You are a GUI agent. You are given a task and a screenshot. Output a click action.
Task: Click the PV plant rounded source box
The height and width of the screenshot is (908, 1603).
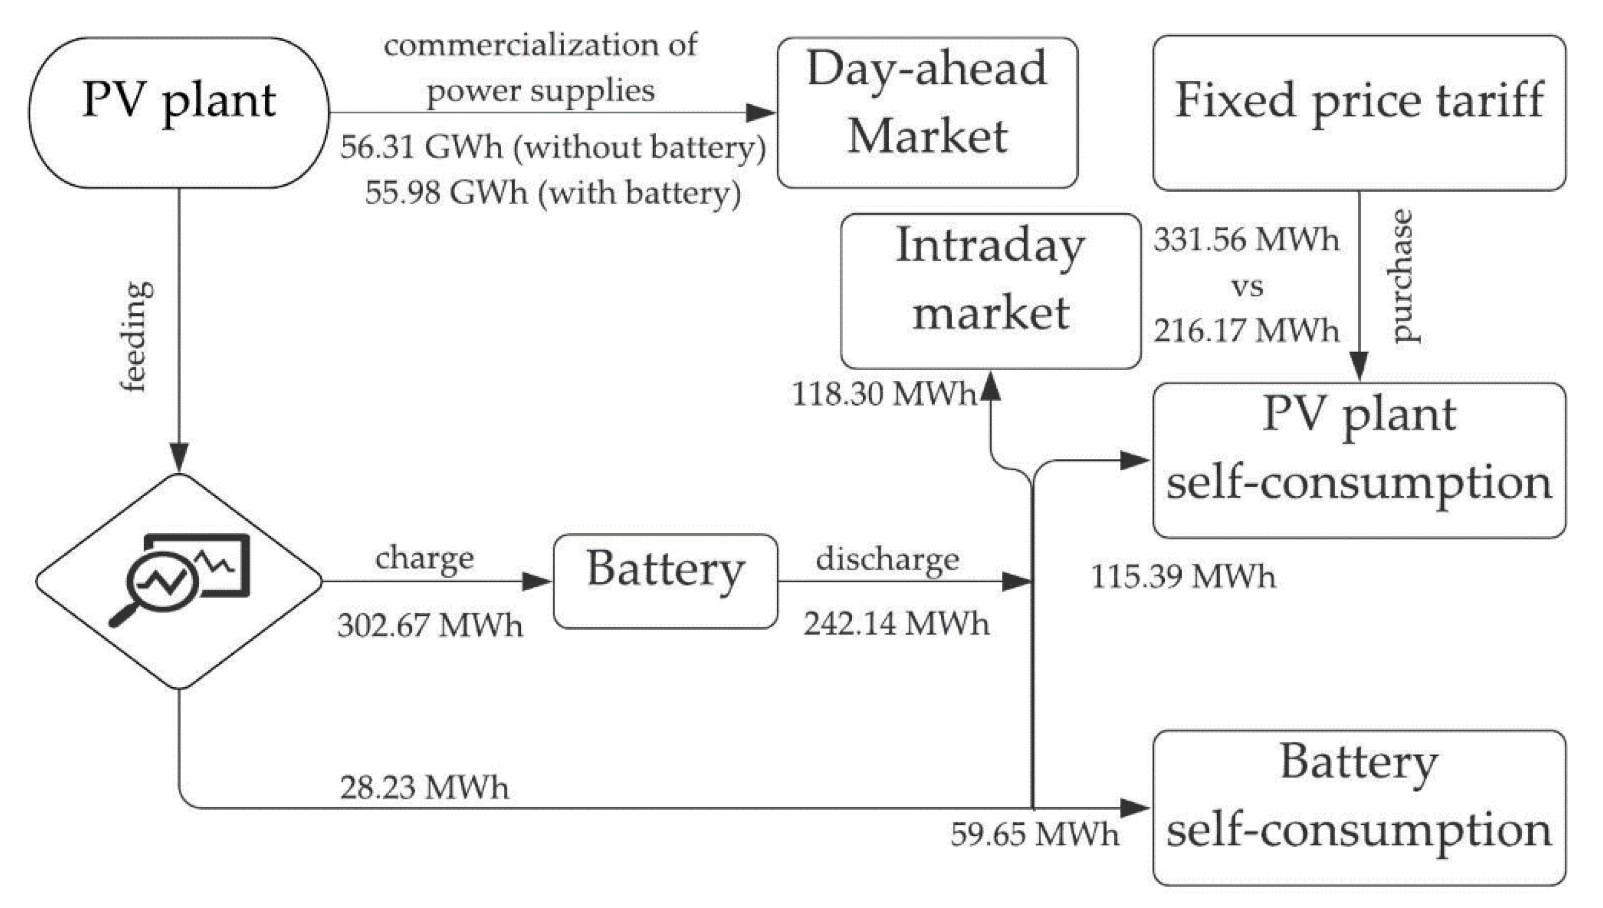[178, 113]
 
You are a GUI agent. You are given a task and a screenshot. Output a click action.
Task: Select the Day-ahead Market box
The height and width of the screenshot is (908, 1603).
[927, 113]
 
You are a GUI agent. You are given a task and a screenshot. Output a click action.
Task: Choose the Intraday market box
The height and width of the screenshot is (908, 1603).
[990, 291]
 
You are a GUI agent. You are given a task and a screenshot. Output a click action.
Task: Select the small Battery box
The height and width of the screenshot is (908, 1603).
[665, 581]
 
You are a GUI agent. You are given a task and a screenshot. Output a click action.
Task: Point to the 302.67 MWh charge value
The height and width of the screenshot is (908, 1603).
[430, 626]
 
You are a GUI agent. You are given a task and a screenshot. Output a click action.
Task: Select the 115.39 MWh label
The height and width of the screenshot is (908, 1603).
[1183, 576]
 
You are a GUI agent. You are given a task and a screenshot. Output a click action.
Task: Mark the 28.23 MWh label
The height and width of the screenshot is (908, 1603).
[424, 787]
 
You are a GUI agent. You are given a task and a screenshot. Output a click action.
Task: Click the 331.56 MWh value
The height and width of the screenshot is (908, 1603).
[1246, 240]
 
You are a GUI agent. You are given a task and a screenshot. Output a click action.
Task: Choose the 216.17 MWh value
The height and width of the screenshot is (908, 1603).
[1246, 330]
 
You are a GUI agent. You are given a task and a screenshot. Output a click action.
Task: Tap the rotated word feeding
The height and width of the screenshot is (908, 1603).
[136, 337]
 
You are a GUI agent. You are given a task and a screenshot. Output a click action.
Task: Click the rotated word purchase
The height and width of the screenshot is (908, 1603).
[1403, 276]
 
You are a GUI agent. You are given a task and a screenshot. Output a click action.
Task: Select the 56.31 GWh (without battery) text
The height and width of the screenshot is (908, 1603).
[553, 147]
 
